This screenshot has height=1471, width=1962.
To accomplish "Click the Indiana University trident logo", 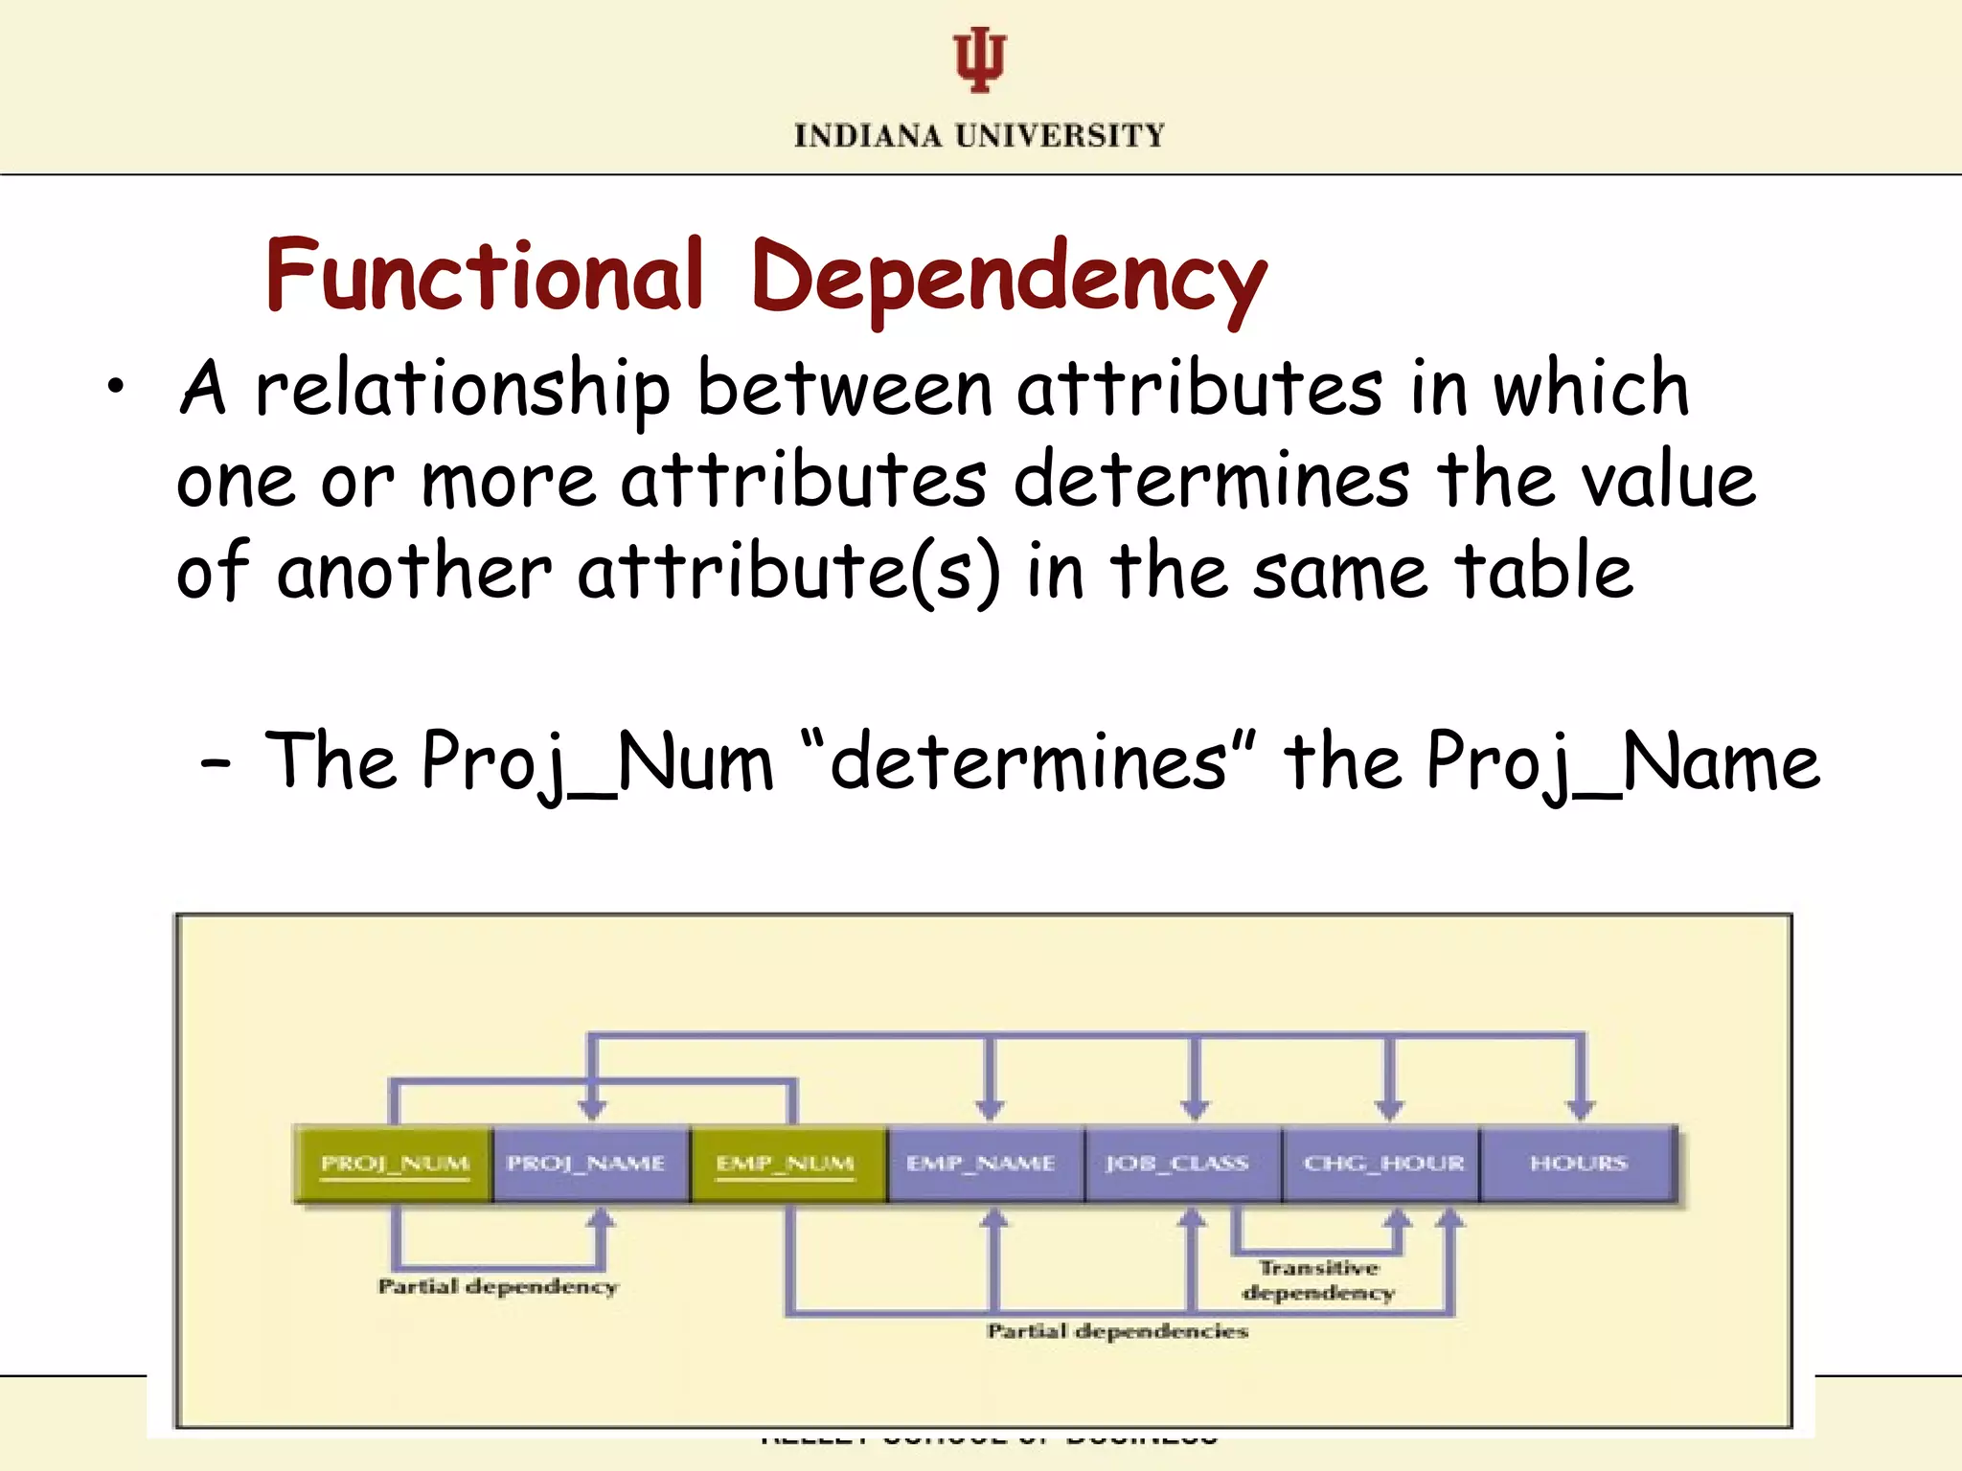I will click(979, 59).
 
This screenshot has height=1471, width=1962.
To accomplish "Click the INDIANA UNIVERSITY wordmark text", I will click(979, 136).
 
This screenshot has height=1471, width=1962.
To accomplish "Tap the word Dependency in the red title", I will click(1008, 280).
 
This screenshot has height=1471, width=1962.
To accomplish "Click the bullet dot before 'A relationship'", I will click(116, 388).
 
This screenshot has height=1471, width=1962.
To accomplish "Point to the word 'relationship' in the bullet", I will click(463, 390).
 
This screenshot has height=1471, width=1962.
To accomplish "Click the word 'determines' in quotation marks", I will click(1028, 761).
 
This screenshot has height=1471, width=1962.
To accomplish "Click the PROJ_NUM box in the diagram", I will click(395, 1164).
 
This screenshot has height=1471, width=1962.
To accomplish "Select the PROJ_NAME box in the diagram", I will click(586, 1164).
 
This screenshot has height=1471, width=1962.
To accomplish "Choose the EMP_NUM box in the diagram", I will click(786, 1164).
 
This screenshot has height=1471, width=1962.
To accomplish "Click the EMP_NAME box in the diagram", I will click(981, 1164).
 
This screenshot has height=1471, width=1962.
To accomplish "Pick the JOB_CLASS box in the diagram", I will click(1178, 1164).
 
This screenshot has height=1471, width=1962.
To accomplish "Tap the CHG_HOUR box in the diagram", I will click(1383, 1164).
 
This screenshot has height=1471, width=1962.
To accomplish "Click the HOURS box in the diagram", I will click(1579, 1164).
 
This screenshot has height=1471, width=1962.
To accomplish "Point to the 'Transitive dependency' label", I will click(1319, 1280).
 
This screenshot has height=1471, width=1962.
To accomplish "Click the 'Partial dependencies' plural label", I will click(1118, 1331).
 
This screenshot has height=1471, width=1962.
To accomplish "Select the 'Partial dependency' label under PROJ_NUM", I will click(498, 1286).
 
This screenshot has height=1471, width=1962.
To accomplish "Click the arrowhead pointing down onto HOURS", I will click(1581, 1110).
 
